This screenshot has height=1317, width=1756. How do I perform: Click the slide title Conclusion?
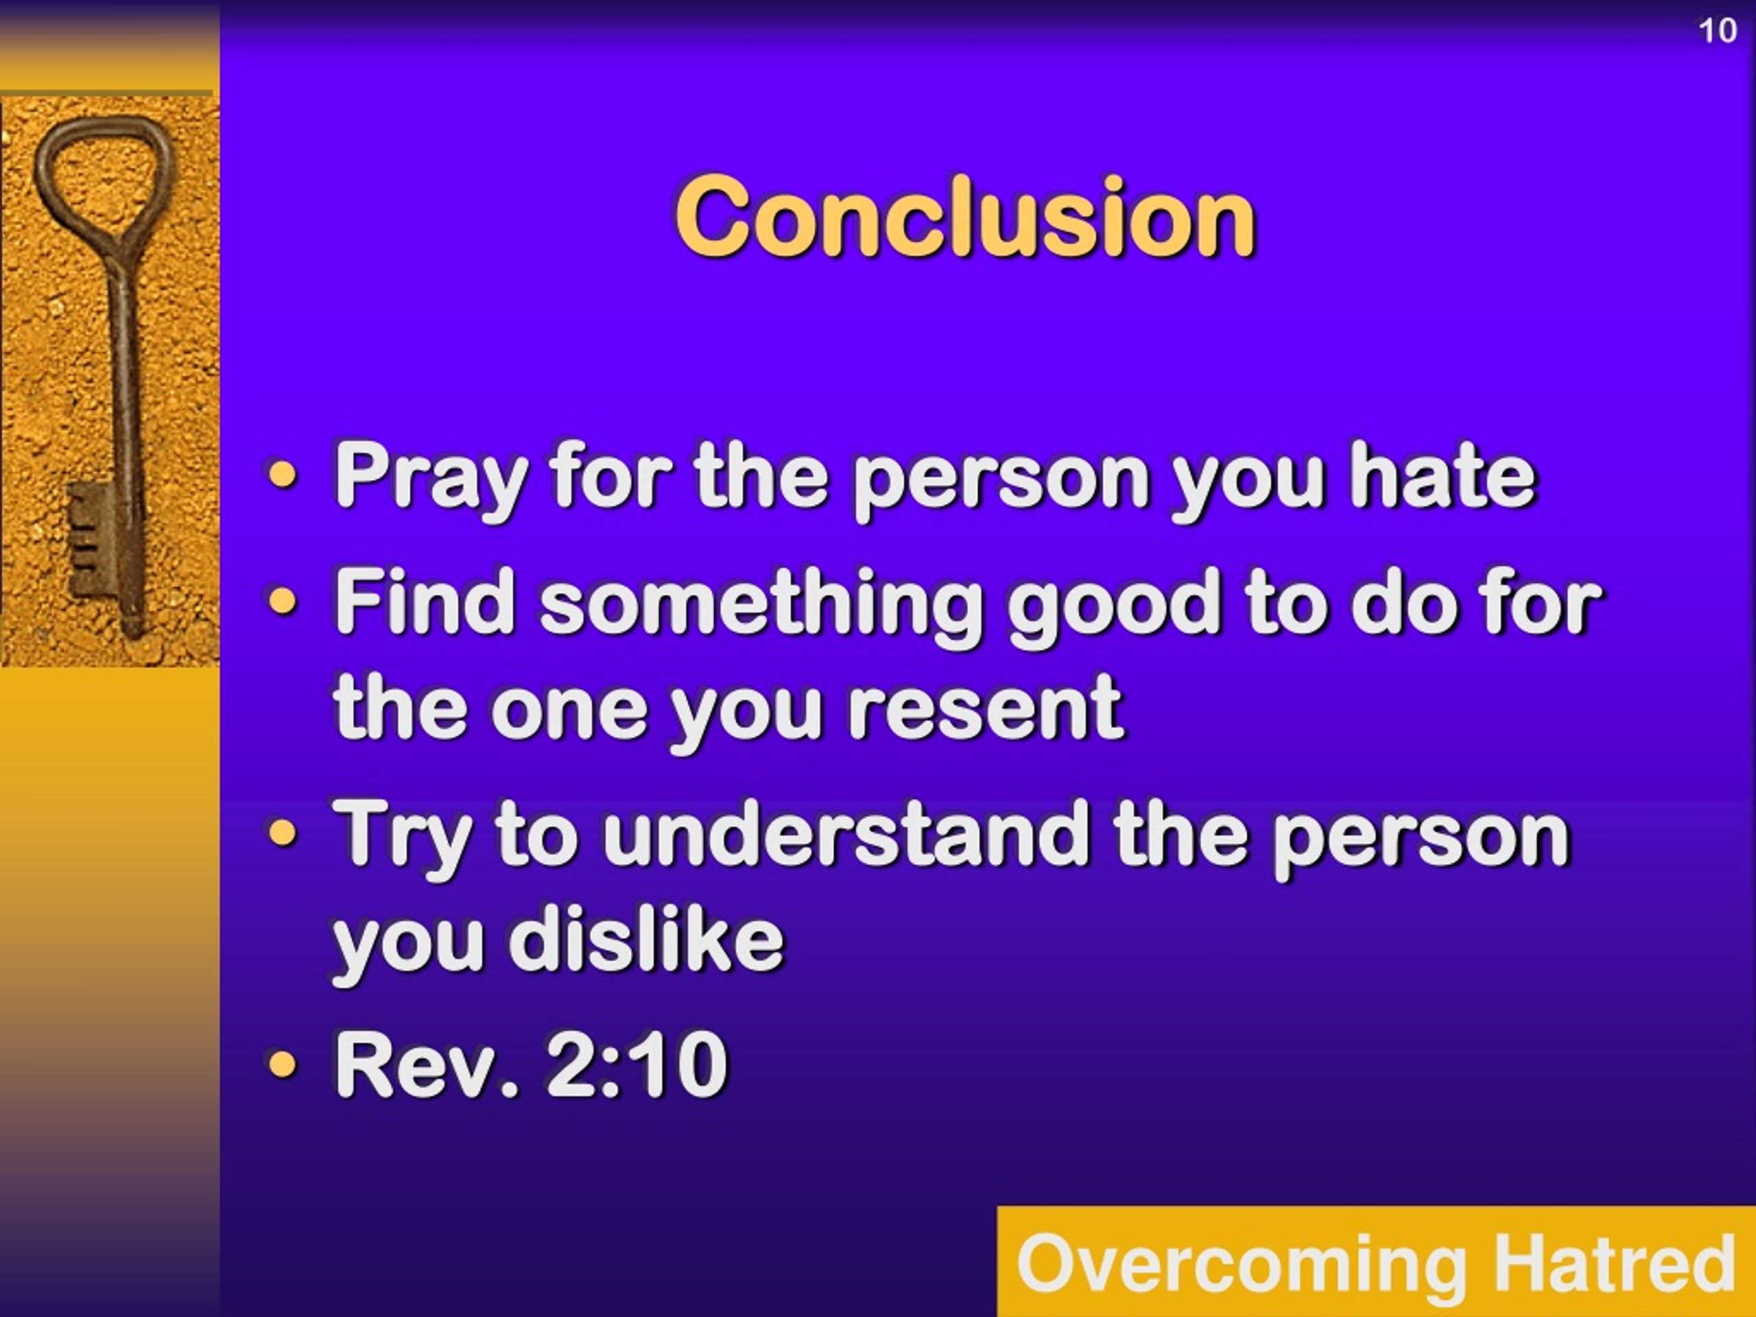click(x=965, y=216)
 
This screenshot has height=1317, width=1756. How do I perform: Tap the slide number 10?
click(x=1716, y=30)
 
